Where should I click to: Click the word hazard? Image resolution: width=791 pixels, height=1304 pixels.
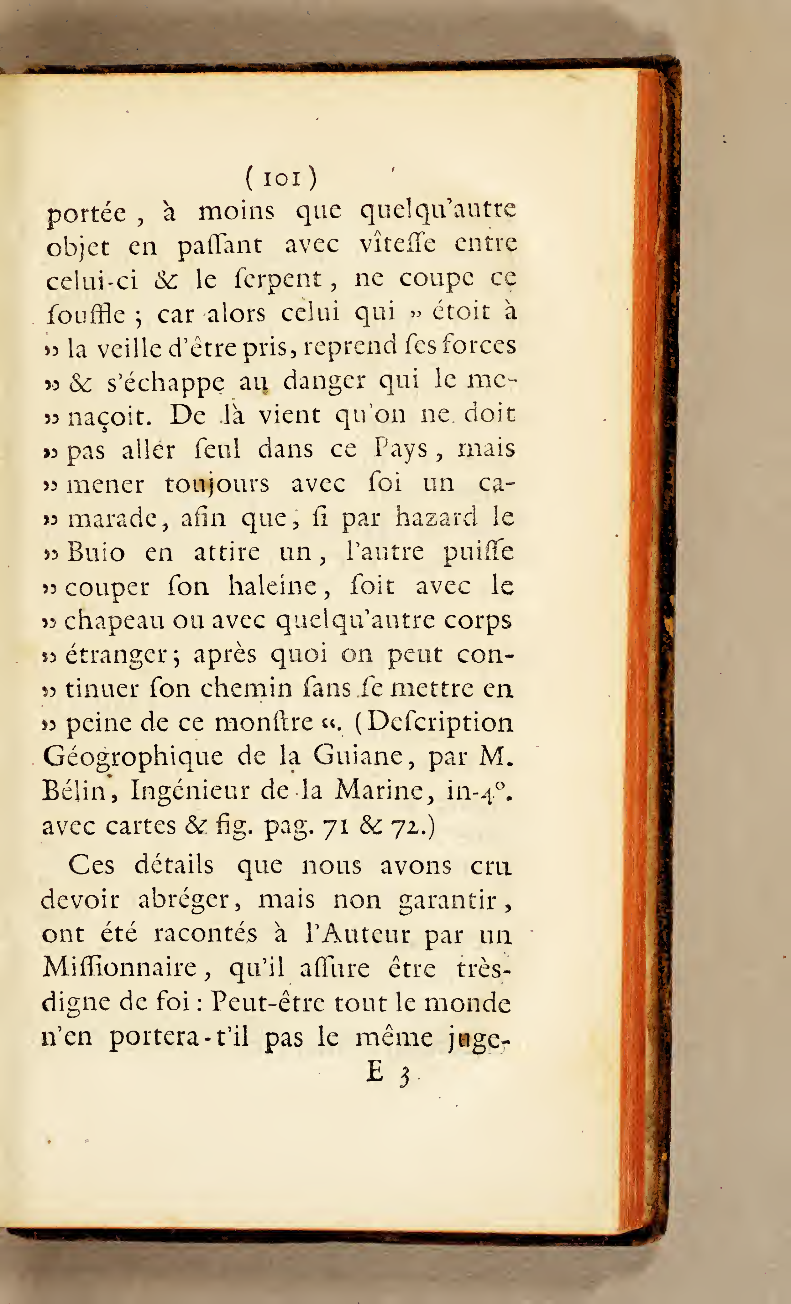click(x=436, y=517)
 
